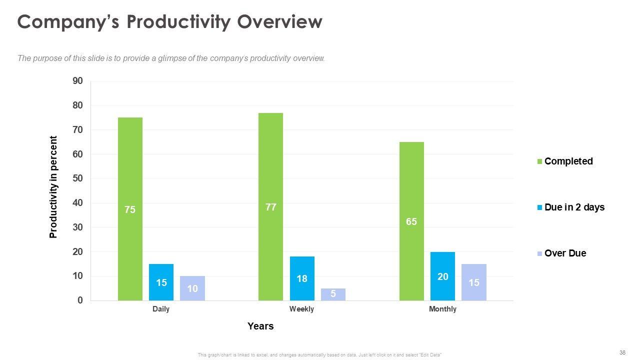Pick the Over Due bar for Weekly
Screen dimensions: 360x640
333,294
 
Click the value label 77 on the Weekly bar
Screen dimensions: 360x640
270,207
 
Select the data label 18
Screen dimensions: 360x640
302,278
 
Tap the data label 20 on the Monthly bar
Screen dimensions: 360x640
442,276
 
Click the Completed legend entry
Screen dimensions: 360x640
568,161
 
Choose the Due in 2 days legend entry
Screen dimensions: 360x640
574,207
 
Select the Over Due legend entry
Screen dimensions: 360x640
565,253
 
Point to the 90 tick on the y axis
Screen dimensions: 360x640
77,81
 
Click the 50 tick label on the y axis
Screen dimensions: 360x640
77,178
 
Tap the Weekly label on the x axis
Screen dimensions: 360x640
301,309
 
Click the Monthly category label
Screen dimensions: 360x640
442,309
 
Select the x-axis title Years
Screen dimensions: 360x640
260,326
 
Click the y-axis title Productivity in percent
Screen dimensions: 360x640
53,187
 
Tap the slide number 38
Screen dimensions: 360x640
622,352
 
